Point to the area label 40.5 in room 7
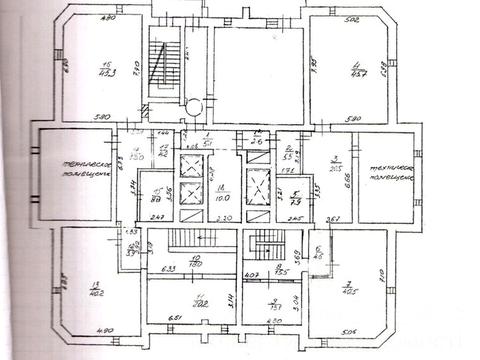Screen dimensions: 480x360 pos(351,291)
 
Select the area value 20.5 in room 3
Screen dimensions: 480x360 pos(338,168)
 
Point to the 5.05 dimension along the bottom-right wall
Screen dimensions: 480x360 pos(347,332)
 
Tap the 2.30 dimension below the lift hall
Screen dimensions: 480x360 pos(224,217)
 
